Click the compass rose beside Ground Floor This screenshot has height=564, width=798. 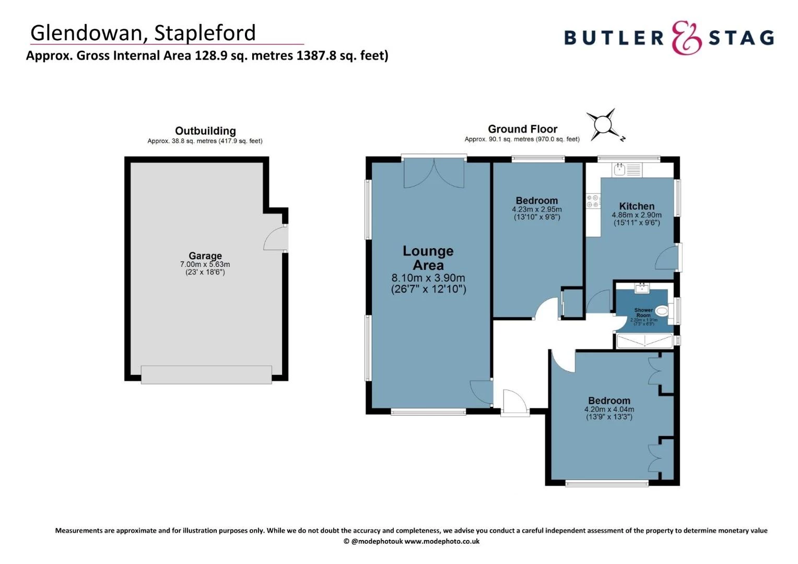(604, 125)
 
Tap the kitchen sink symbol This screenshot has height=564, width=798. (620, 169)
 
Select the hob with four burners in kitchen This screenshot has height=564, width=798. (593, 201)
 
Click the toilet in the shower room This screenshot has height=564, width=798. (662, 312)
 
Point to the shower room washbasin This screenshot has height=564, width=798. (642, 288)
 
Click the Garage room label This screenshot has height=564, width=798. (205, 256)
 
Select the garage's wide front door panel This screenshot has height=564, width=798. (206, 374)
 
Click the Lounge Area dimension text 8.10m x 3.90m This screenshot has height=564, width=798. (428, 278)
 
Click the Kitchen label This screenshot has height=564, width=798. (637, 206)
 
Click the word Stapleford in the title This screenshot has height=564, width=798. (205, 33)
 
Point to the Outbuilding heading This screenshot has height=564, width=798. (205, 131)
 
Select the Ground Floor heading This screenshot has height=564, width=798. (522, 129)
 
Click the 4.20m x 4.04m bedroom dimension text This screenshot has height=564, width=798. (609, 409)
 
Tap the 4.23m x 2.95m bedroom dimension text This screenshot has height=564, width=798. (537, 209)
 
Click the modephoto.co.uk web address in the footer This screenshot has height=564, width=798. (442, 542)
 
